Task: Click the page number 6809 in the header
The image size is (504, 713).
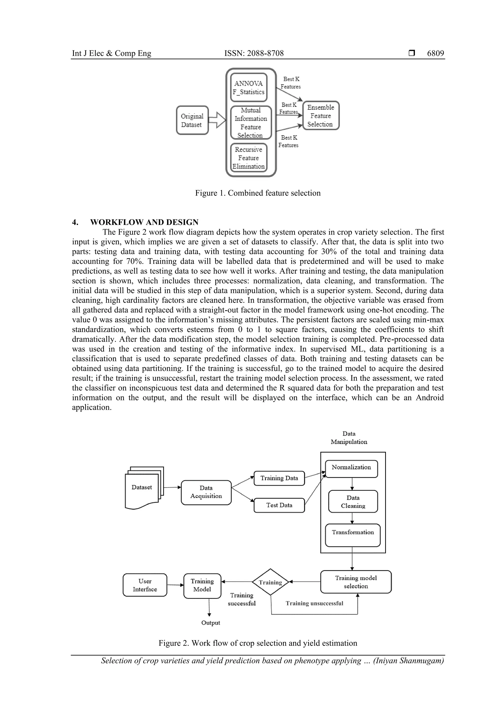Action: [x=435, y=53]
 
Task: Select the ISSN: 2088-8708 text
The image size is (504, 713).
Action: [x=254, y=53]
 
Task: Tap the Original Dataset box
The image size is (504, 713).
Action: [x=192, y=120]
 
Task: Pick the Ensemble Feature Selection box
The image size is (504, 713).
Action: [x=321, y=115]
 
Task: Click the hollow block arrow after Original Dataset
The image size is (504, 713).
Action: [x=217, y=120]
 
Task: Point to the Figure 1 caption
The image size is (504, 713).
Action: [x=257, y=193]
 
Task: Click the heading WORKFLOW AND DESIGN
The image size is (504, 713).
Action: [x=144, y=222]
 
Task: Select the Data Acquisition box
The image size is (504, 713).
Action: [x=206, y=492]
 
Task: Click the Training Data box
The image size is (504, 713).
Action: [x=279, y=478]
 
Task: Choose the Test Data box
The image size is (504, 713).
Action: [x=279, y=505]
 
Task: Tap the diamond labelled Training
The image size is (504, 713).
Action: [x=270, y=582]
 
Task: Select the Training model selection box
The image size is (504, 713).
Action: [x=356, y=582]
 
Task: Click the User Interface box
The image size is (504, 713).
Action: [x=145, y=585]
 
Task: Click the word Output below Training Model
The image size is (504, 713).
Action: [x=211, y=623]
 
